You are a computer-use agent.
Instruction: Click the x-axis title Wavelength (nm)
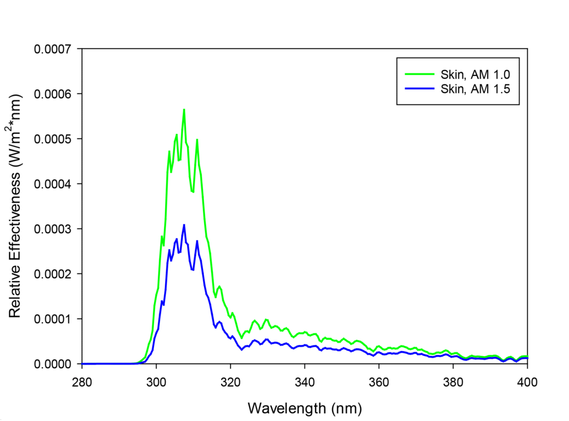(305, 409)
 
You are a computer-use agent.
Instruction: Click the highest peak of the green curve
(184, 109)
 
